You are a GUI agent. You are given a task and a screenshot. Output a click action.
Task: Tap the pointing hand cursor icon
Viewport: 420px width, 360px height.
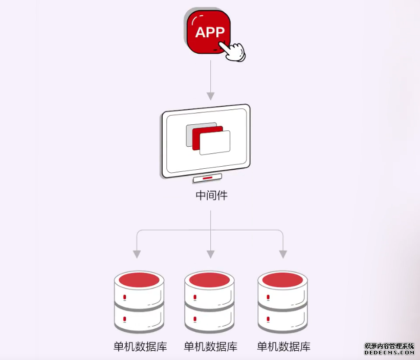pyautogui.click(x=233, y=50)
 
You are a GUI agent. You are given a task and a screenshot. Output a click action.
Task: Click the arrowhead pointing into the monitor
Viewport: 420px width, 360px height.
pyautogui.click(x=210, y=96)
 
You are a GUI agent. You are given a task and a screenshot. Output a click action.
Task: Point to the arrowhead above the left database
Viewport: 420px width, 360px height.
pyautogui.click(x=137, y=254)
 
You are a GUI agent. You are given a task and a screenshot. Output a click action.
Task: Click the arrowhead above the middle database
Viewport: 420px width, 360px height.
pyautogui.click(x=210, y=254)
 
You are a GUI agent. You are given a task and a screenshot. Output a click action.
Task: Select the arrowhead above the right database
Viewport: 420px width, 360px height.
pyautogui.click(x=283, y=254)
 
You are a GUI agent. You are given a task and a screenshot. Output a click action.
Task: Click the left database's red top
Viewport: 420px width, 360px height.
pyautogui.click(x=139, y=280)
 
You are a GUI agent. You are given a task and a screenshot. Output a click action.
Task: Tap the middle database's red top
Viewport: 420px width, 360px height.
pyautogui.click(x=210, y=280)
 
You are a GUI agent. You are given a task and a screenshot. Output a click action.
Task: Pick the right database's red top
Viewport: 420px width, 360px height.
pyautogui.click(x=283, y=280)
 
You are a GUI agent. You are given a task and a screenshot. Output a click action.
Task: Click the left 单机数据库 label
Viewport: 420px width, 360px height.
pyautogui.click(x=140, y=346)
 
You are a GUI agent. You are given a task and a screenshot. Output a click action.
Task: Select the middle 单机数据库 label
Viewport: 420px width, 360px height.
pyautogui.click(x=210, y=346)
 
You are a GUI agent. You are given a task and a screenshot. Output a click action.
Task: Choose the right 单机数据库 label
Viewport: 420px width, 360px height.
pyautogui.click(x=283, y=346)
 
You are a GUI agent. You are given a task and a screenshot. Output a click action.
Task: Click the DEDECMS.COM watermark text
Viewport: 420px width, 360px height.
pyautogui.click(x=389, y=353)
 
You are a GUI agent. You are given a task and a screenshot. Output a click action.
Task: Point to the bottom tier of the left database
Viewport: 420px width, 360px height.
pyautogui.click(x=139, y=319)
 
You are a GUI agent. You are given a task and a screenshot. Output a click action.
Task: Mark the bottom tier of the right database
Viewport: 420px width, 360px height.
pyautogui.click(x=283, y=319)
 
